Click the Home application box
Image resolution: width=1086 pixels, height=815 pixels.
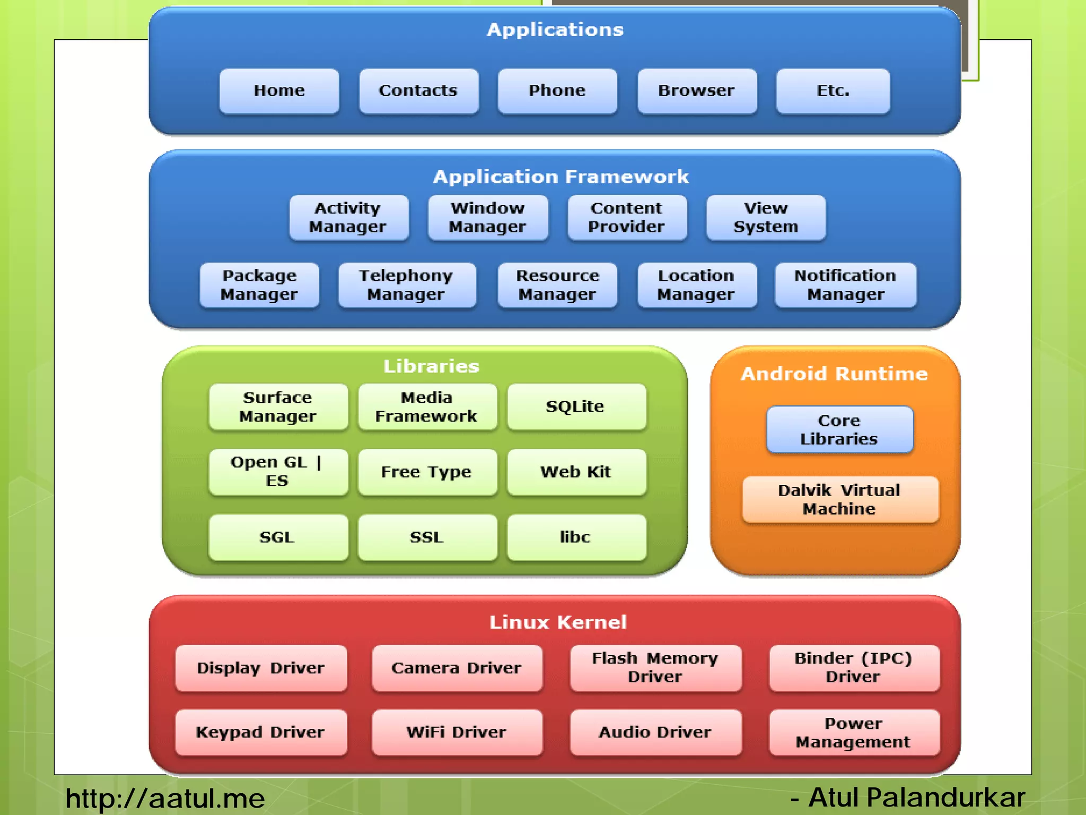(279, 91)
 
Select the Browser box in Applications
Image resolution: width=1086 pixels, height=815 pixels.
(697, 91)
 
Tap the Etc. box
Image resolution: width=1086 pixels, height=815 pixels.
(833, 91)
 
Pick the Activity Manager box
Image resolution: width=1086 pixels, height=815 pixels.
(348, 218)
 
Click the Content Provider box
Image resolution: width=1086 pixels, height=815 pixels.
(627, 218)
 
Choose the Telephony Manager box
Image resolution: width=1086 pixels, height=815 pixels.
(407, 285)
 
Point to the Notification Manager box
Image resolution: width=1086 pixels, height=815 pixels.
(845, 285)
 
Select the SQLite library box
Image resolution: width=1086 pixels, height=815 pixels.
(576, 406)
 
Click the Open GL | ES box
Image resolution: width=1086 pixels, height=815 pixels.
(278, 472)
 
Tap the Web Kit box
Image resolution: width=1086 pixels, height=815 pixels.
(576, 472)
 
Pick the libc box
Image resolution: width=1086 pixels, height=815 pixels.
(576, 537)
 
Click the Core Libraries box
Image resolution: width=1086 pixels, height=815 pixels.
(839, 430)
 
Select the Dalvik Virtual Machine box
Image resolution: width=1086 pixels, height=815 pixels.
(839, 499)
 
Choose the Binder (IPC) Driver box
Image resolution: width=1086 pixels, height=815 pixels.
(854, 667)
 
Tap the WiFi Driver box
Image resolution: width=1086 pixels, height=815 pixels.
(457, 732)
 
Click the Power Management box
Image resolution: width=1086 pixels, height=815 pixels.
(854, 732)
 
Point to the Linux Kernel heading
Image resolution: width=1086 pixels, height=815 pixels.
(558, 622)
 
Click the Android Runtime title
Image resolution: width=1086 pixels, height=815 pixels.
(834, 374)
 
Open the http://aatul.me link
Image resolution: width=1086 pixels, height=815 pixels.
(165, 798)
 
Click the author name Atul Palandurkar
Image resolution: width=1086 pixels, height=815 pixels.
(916, 797)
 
